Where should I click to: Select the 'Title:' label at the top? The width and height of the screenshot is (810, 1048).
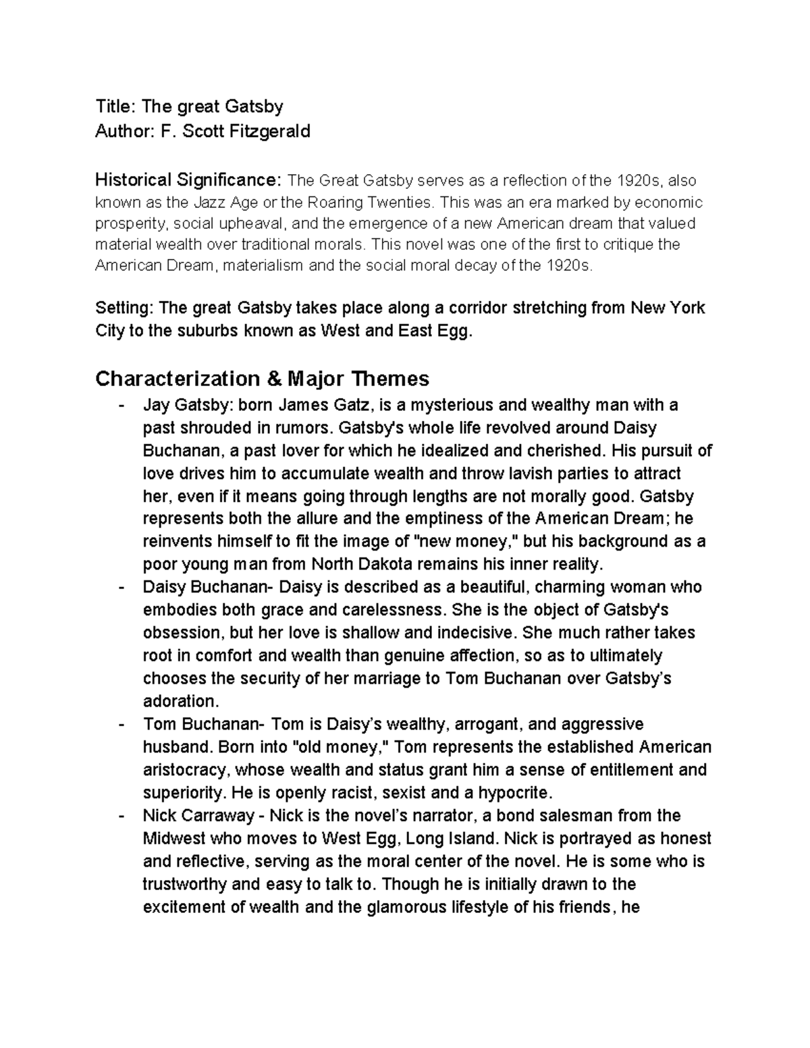116,106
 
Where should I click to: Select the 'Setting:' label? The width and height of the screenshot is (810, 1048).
125,308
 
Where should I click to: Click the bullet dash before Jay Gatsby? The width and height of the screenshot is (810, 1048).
120,406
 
